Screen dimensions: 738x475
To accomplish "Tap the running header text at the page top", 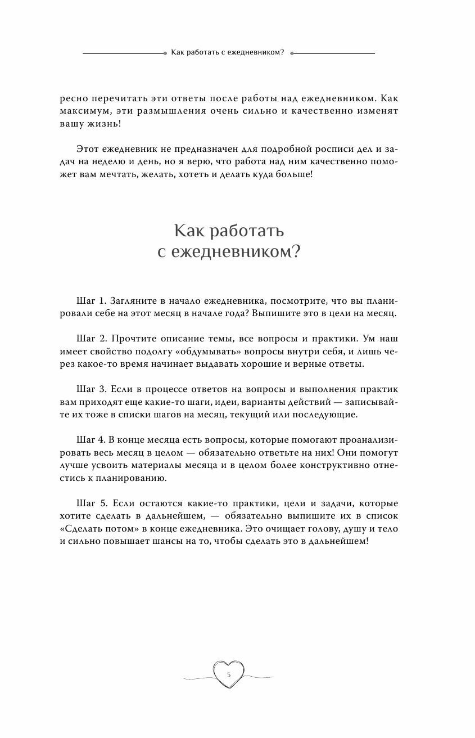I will click(x=229, y=52).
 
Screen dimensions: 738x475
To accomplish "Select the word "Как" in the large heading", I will click(x=188, y=230).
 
